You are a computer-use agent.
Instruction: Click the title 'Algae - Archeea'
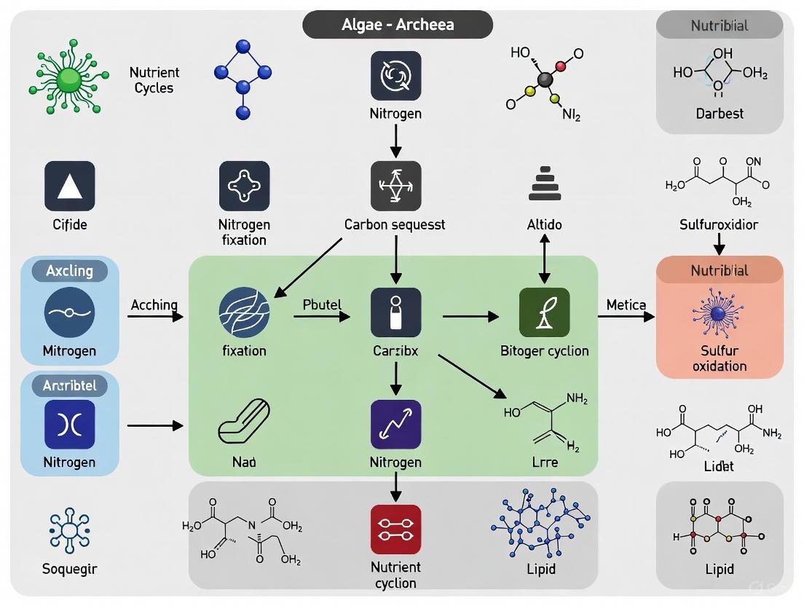pos(398,24)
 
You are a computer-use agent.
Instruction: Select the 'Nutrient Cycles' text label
pos(154,80)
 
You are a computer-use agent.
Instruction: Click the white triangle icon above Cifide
pos(70,186)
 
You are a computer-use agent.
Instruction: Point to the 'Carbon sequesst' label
pos(395,225)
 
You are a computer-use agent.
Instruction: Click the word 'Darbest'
pos(719,114)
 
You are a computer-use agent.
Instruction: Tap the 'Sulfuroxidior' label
pos(719,224)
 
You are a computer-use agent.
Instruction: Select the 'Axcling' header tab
pos(70,271)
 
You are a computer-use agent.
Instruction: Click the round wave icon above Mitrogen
pos(70,312)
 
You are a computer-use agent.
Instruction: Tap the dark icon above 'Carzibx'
pos(395,312)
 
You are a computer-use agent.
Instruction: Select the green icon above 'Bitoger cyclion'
pos(544,312)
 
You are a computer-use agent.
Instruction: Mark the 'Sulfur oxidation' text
pos(720,358)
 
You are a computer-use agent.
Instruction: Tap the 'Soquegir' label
pos(70,568)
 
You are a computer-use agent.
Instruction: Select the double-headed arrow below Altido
pos(544,261)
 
